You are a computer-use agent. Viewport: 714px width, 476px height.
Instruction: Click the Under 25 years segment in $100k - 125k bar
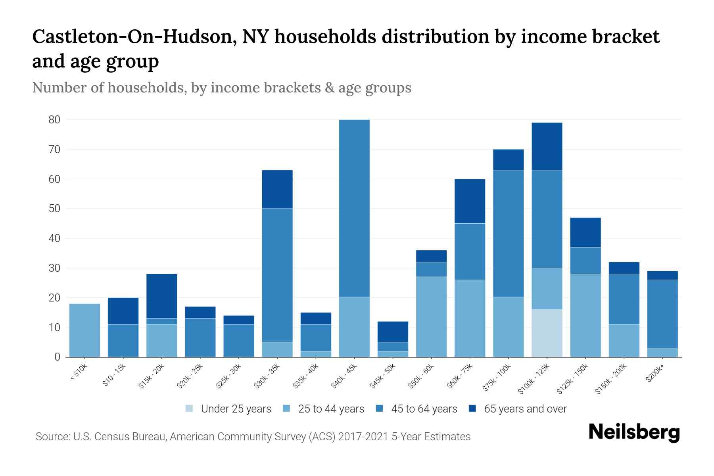[547, 333]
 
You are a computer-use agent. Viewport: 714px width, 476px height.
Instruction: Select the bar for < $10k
[84, 330]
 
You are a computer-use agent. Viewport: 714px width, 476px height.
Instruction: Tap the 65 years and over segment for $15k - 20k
[161, 296]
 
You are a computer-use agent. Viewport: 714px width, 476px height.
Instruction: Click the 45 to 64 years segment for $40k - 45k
[354, 209]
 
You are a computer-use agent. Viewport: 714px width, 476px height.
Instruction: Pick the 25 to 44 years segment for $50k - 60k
[432, 317]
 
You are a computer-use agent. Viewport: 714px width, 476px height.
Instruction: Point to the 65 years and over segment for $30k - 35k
[277, 189]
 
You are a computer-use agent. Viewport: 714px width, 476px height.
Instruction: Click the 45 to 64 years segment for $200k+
[662, 314]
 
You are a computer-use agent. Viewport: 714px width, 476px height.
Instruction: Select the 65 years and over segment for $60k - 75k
[470, 201]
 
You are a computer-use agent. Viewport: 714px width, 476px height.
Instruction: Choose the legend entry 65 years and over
[525, 409]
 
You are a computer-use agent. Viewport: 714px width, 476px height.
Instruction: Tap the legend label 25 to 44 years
[331, 409]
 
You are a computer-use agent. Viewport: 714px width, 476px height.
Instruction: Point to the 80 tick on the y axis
[54, 120]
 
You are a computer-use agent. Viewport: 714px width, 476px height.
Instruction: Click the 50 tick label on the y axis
[54, 209]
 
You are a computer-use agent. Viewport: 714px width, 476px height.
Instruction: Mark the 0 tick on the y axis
[58, 357]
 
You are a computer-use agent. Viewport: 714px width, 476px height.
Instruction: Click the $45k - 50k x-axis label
[383, 376]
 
